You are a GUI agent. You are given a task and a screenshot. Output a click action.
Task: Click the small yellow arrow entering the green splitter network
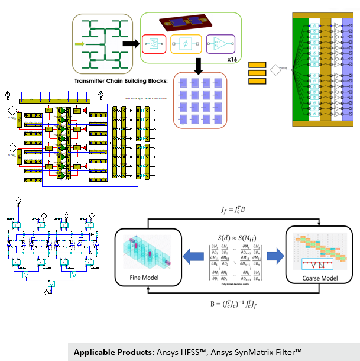pos(81,44)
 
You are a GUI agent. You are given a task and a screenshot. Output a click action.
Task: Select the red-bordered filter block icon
pos(154,44)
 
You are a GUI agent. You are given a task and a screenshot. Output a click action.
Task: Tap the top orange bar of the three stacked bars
pos(257,64)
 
